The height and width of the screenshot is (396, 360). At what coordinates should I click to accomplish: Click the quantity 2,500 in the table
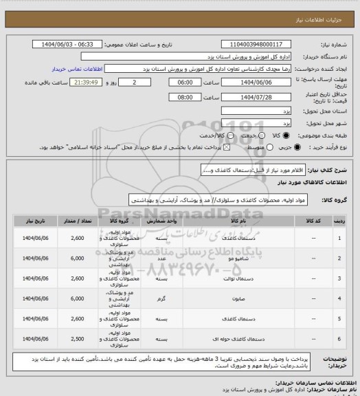[78, 338]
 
